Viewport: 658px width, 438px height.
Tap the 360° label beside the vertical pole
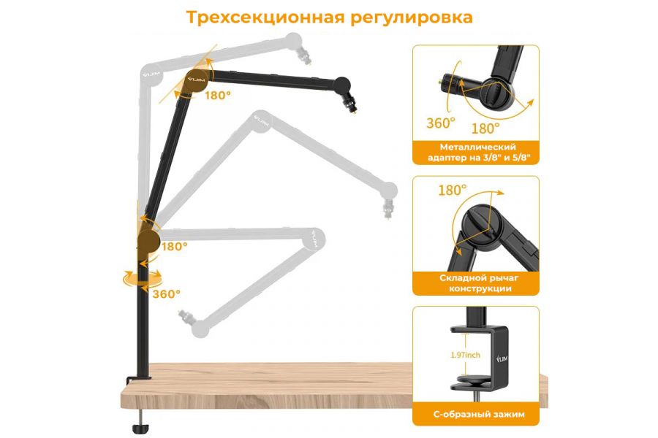tap(166, 293)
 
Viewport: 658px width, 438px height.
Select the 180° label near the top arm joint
tap(218, 95)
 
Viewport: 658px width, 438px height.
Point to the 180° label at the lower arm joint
tap(174, 246)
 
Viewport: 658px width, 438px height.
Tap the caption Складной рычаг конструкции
tap(475, 283)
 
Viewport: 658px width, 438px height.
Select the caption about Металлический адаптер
tap(475, 152)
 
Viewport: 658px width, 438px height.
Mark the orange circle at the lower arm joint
tap(148, 239)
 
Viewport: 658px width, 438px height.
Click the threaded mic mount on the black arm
tap(351, 108)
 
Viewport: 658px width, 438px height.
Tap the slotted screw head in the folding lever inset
tap(476, 220)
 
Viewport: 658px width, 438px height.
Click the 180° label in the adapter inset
tap(485, 128)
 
